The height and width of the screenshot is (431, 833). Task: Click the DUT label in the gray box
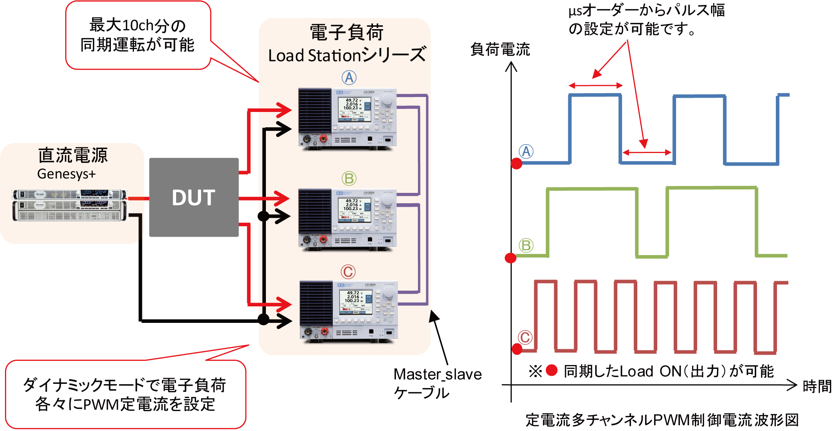coord(193,198)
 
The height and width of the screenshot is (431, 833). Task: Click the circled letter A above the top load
coord(349,78)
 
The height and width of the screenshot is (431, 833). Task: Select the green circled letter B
coord(349,178)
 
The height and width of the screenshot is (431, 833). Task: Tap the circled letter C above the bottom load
coord(348,272)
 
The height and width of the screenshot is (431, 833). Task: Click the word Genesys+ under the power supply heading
coord(66,174)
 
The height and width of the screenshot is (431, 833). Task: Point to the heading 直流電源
coord(73,155)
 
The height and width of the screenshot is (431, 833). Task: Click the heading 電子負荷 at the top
coord(346,32)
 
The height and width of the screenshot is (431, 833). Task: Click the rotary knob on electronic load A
coord(387,100)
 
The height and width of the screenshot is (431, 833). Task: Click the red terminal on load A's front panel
coord(323,139)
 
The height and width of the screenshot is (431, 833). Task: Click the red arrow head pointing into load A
coord(286,110)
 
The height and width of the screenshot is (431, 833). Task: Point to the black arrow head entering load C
coord(286,321)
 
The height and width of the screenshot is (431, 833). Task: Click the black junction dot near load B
coord(264,216)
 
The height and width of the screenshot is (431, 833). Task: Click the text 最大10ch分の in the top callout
coord(137,26)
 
